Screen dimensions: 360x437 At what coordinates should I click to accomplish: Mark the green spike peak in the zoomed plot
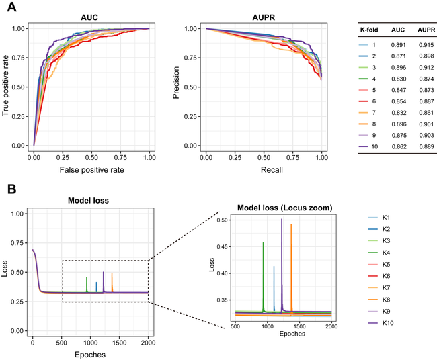click(x=263, y=242)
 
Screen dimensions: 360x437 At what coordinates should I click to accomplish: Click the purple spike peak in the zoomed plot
click(x=282, y=219)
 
